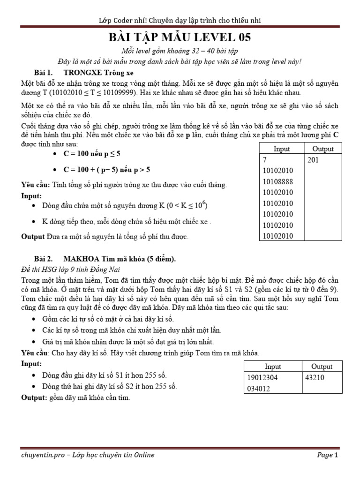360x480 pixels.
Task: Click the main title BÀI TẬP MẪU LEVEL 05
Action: coord(180,37)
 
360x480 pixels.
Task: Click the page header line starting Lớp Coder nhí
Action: coord(180,20)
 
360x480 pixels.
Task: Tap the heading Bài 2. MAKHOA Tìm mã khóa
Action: coord(105,258)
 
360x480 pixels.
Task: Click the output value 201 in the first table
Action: coord(315,160)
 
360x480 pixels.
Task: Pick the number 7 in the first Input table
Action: coord(265,160)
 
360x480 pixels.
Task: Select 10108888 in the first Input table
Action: coord(278,181)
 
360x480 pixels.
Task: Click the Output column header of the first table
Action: coord(322,149)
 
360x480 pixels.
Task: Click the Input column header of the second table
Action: coord(273,367)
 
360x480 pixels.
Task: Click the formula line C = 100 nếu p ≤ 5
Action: coord(93,154)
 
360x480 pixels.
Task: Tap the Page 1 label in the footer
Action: coord(327,455)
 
